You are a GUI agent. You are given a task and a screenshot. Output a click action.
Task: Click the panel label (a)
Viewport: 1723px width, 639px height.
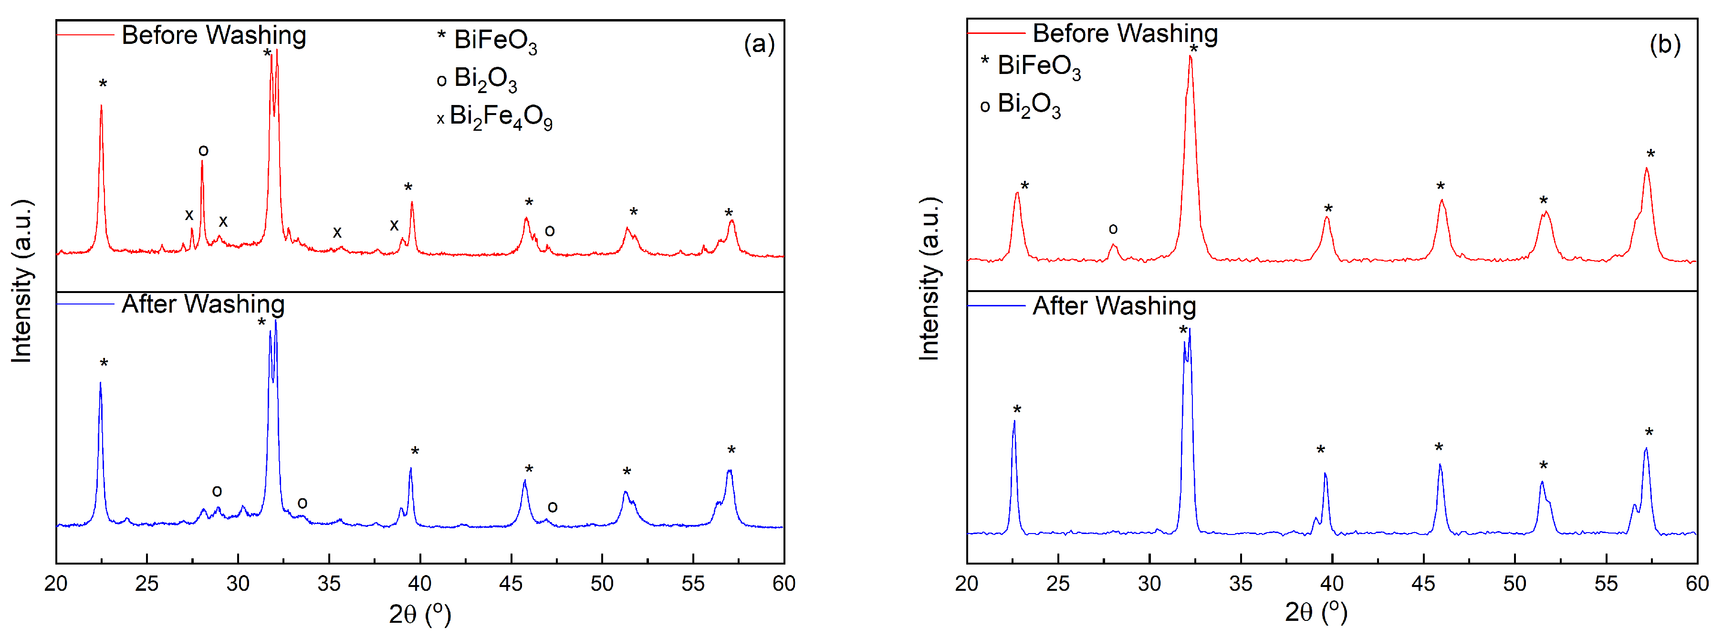pyautogui.click(x=759, y=44)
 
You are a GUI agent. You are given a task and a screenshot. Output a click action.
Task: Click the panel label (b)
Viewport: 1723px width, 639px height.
pyautogui.click(x=1664, y=44)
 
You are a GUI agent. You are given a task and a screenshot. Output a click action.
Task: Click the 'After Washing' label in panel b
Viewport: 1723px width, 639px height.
pyautogui.click(x=1114, y=306)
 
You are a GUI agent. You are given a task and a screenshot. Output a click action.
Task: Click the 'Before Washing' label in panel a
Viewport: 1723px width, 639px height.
pyautogui.click(x=213, y=35)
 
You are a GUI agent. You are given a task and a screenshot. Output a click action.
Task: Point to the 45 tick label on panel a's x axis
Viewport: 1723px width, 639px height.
pyautogui.click(x=511, y=584)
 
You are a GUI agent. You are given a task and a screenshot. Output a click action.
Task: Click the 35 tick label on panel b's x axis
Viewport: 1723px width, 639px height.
pyautogui.click(x=1240, y=584)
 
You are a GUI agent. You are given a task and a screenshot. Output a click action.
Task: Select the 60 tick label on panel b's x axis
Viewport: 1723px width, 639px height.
pyautogui.click(x=1696, y=584)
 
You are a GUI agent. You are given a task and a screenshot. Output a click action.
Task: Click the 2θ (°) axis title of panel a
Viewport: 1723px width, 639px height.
pyautogui.click(x=420, y=614)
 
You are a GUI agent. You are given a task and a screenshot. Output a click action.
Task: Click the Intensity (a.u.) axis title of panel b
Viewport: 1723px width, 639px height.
pyautogui.click(x=929, y=279)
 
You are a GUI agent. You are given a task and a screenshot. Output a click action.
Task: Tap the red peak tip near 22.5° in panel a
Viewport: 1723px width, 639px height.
pyautogui.click(x=101, y=106)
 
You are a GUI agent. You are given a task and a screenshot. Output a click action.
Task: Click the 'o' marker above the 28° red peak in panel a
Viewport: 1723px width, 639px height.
pyautogui.click(x=203, y=150)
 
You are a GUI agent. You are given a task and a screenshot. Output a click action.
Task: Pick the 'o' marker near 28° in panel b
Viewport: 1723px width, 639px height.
pyautogui.click(x=1113, y=229)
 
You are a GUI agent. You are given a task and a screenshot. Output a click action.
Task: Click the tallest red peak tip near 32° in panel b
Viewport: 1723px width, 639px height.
pyautogui.click(x=1190, y=56)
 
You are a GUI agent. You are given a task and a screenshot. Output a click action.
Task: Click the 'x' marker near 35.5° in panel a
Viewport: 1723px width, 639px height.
pyautogui.click(x=337, y=233)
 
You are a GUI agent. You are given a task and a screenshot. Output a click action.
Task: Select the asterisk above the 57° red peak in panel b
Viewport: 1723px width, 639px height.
pyautogui.click(x=1650, y=155)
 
